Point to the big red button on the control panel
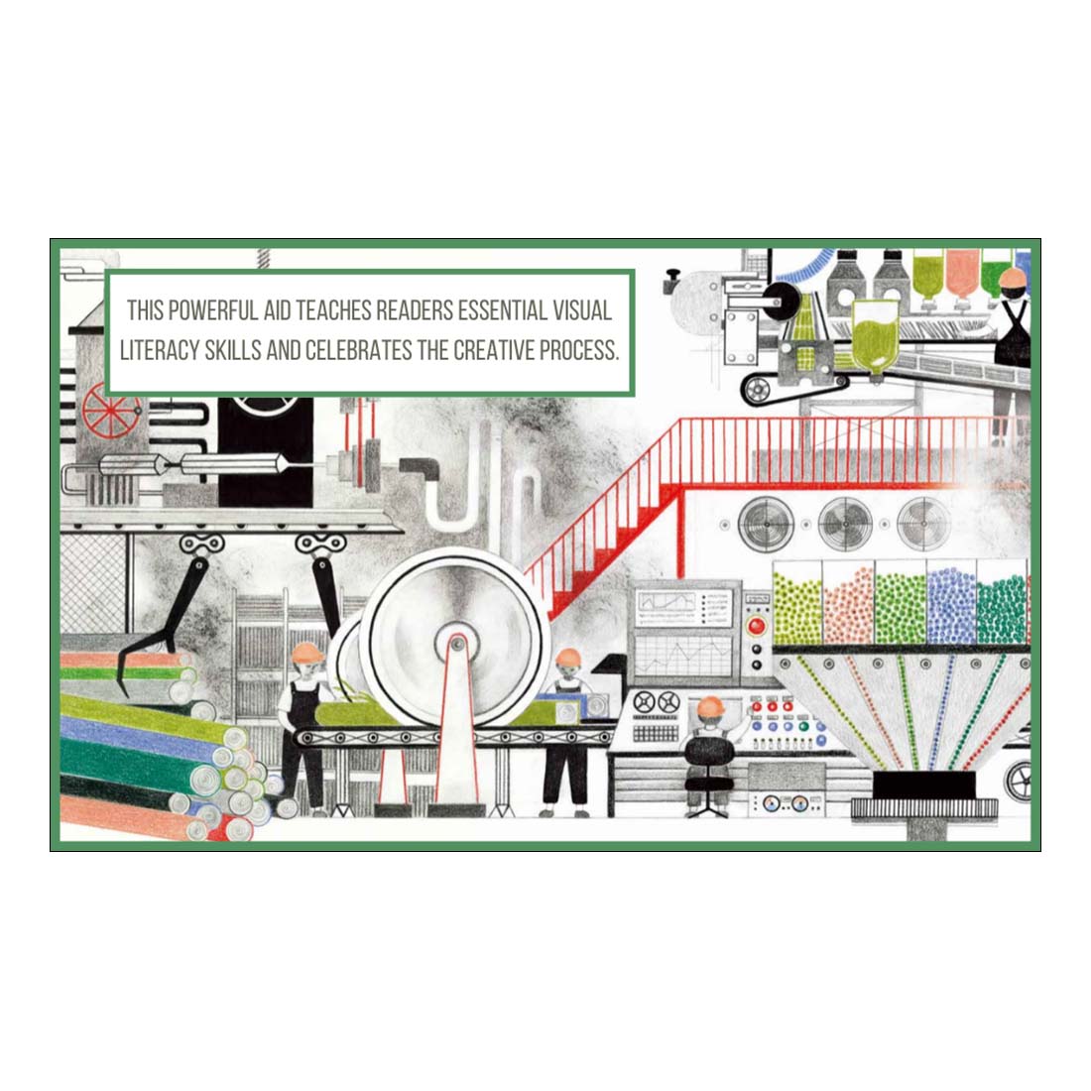click(757, 626)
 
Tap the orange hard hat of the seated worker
click(709, 706)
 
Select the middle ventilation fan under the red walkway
click(845, 520)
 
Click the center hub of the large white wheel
click(456, 644)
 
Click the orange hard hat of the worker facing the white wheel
click(306, 652)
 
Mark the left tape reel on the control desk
click(643, 702)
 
